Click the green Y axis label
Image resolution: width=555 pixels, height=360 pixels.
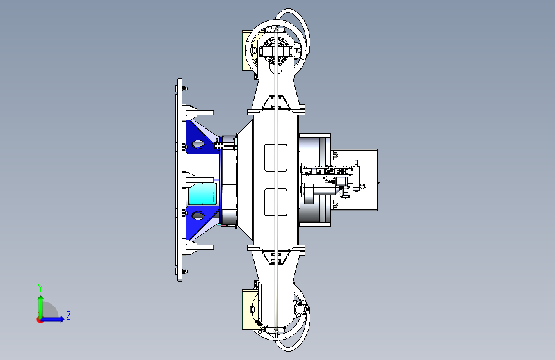tap(40, 288)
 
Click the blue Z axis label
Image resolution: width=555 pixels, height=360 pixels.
tap(68, 315)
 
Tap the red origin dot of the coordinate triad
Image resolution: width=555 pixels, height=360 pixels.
tap(40, 320)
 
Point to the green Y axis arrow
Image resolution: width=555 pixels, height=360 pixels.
tap(41, 307)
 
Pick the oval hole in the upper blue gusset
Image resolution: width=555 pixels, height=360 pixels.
tap(198, 144)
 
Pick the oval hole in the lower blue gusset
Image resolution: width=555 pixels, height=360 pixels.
tap(198, 215)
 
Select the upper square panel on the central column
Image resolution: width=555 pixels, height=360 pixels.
tap(276, 158)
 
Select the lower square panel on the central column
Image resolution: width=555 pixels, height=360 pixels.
tap(276, 202)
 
